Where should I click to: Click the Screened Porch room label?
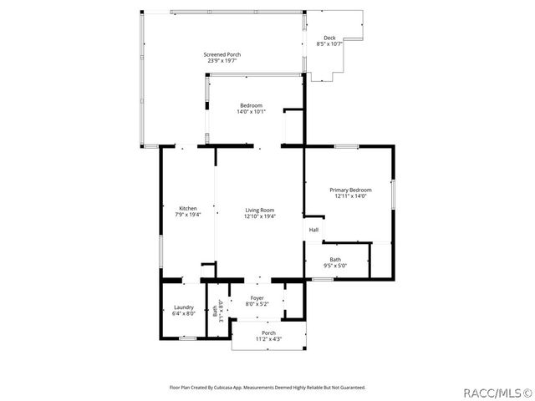click(222, 54)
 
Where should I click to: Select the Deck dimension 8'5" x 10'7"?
click(330, 43)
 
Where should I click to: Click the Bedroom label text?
click(252, 105)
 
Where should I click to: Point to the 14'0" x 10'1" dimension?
click(252, 111)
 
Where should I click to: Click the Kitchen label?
click(188, 208)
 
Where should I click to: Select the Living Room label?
click(260, 210)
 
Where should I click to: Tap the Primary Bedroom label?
click(350, 190)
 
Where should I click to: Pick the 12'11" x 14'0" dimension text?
click(350, 196)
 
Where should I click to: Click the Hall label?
click(313, 230)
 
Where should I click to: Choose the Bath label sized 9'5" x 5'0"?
click(335, 259)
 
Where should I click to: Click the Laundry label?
click(184, 307)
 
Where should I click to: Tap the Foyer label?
click(257, 298)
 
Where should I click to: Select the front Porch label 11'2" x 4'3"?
click(268, 333)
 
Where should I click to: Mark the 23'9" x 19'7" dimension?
click(222, 61)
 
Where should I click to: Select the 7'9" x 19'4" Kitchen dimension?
click(188, 215)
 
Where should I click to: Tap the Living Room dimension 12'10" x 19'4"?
click(260, 216)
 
